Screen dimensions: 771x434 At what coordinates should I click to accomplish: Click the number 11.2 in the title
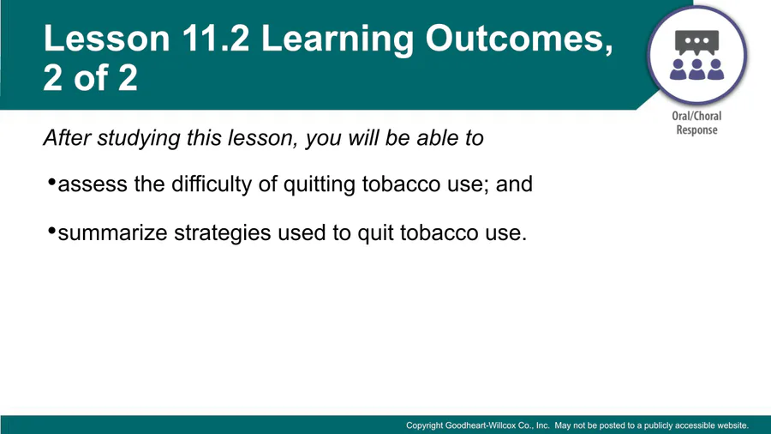click(216, 38)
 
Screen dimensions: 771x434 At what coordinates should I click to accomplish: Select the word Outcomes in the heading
click(519, 39)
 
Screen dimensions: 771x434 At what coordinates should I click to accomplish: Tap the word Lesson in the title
click(107, 38)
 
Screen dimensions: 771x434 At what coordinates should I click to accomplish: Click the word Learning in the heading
click(338, 39)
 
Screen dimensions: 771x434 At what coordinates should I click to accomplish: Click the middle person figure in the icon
click(696, 69)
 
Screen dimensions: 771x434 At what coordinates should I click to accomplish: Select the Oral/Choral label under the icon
click(696, 116)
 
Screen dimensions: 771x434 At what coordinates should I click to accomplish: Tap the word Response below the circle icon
click(696, 130)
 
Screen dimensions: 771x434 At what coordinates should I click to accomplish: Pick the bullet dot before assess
click(51, 183)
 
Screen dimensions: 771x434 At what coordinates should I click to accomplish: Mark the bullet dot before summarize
click(51, 231)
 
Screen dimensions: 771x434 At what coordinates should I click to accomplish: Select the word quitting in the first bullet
click(320, 184)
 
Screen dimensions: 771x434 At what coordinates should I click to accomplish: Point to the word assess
click(93, 185)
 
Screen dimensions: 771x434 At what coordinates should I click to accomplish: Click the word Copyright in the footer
click(424, 425)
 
